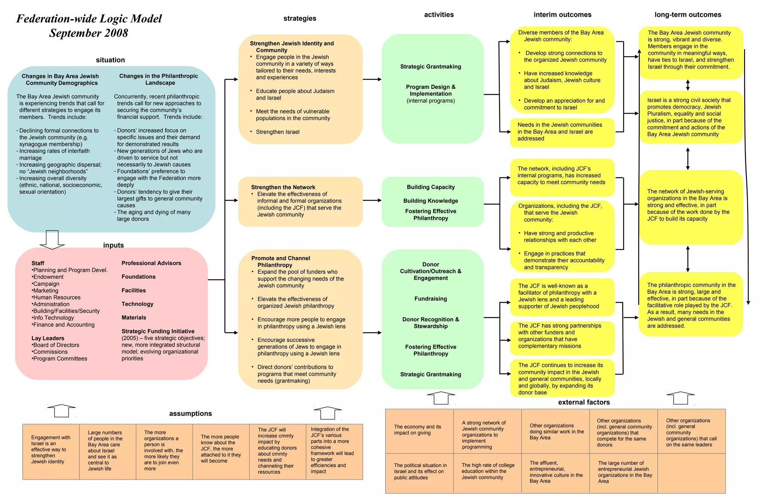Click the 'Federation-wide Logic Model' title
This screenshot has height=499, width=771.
(89, 19)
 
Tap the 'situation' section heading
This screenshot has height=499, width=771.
(110, 60)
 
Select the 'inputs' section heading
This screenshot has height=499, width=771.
(113, 245)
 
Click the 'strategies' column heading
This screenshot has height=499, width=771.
(300, 18)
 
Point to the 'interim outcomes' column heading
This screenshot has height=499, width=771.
(562, 15)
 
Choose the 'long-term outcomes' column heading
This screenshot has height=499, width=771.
(688, 15)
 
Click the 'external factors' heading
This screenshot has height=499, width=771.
(584, 402)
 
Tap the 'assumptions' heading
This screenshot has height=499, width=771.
(190, 414)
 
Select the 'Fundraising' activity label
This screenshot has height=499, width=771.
(431, 299)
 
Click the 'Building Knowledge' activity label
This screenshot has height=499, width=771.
(431, 201)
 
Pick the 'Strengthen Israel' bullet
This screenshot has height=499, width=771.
(277, 132)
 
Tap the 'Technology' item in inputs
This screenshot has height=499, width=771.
(137, 304)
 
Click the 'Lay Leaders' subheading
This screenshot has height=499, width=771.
(48, 338)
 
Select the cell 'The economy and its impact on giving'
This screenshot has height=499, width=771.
(417, 430)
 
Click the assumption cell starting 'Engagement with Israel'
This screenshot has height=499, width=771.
(51, 449)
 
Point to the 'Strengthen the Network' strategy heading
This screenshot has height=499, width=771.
(283, 187)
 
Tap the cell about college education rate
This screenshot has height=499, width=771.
(488, 471)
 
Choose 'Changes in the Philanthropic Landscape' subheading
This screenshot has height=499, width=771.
(158, 79)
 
